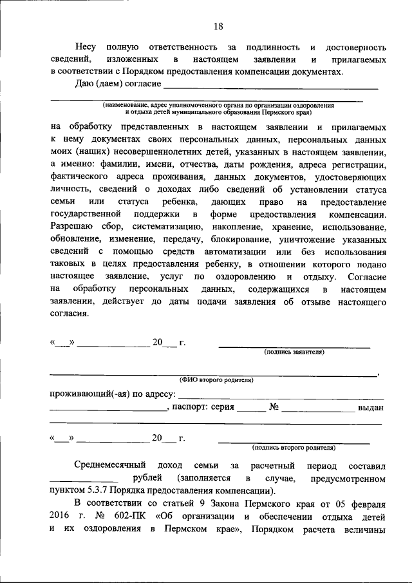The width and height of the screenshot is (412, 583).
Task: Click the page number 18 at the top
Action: [x=218, y=26]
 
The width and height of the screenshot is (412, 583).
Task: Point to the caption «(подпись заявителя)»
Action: [x=294, y=352]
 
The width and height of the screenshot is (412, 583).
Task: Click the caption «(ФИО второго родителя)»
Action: [x=216, y=380]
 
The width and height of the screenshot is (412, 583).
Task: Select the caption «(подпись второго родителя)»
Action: [x=294, y=446]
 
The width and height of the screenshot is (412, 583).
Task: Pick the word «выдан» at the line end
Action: [x=371, y=407]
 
